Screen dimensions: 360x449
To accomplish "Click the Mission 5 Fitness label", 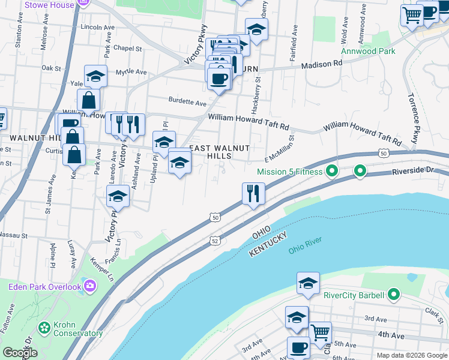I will pos(289,172).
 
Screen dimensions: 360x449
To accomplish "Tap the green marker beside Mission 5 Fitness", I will pos(332,172).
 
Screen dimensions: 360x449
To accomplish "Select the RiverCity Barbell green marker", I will pos(394,295).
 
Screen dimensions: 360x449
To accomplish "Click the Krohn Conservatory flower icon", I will pos(44,328).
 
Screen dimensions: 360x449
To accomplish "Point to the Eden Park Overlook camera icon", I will pos(90,285).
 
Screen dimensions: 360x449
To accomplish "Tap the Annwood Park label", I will pos(368,51).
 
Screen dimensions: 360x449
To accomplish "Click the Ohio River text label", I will pos(305,245).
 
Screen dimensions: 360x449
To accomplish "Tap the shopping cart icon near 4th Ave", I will pos(320,331).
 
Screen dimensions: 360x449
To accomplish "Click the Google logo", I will pos(20,352).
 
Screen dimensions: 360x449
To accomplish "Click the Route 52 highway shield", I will pos(214,240).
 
